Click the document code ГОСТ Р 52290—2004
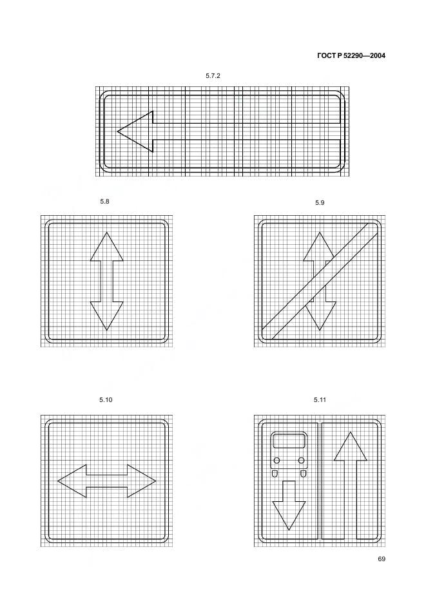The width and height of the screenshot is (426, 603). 351,56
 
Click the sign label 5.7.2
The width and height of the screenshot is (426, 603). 213,76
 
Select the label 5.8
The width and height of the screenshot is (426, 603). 104,202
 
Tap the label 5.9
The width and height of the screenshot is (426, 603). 320,203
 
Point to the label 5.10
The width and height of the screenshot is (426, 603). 106,400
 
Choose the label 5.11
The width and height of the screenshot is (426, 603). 320,400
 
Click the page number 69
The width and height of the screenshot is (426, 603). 382,559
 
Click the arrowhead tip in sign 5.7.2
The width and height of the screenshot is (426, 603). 117,131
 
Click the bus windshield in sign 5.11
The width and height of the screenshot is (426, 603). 289,441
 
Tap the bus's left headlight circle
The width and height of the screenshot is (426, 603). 276,461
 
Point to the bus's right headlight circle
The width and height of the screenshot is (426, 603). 302,461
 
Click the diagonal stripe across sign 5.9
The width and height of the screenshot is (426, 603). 320,281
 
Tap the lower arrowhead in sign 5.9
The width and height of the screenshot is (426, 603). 320,317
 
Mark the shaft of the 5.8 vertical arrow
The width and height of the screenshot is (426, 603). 106,281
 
